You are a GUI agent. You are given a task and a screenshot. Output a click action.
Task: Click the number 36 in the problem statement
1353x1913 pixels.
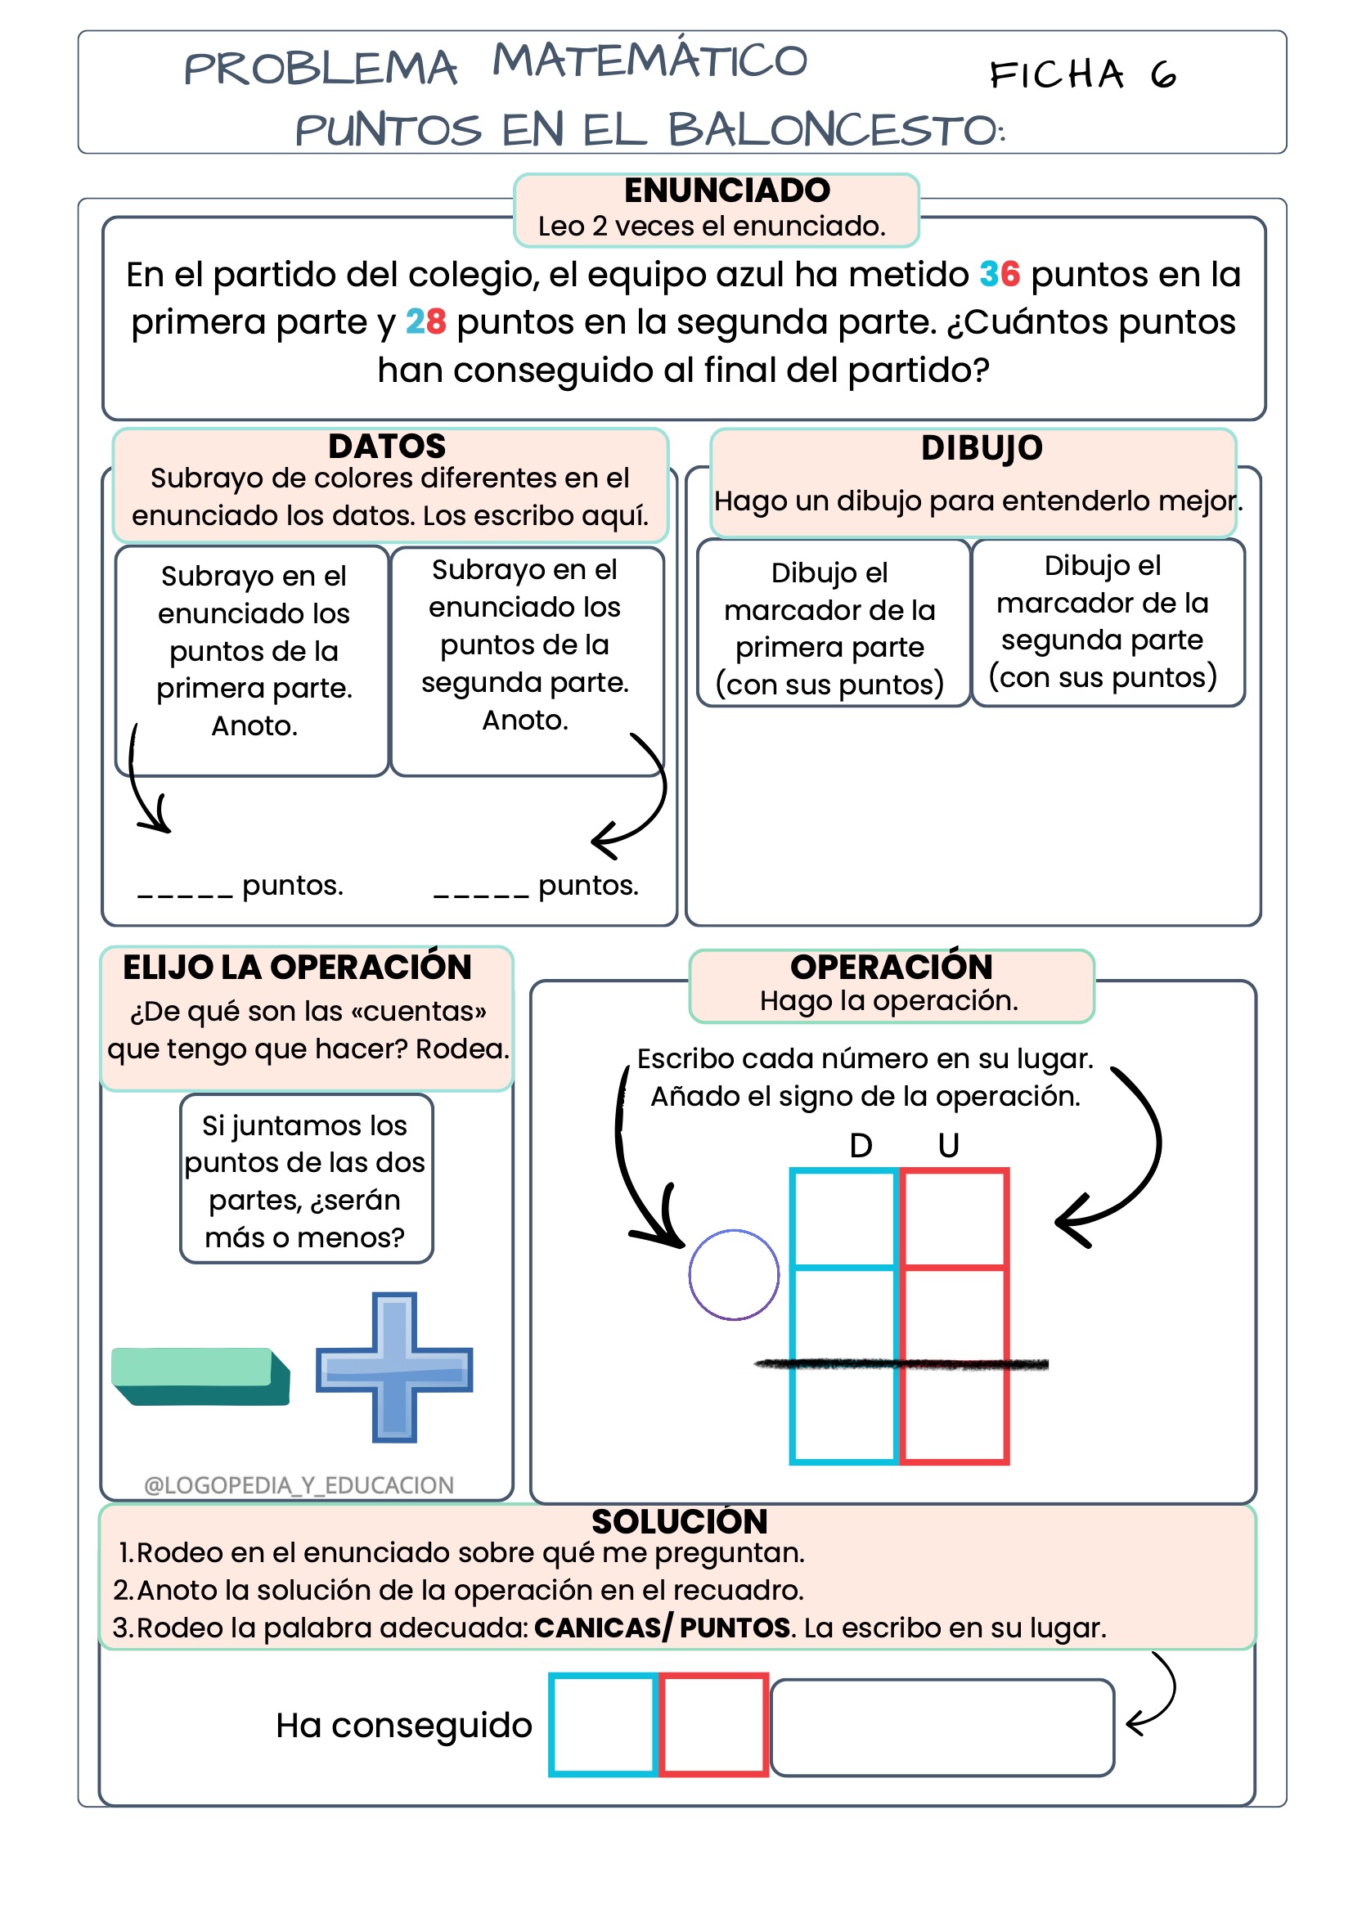999,274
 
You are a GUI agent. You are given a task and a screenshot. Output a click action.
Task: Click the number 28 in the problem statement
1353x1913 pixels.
425,321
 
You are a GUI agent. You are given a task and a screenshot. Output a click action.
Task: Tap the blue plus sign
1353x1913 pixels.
394,1367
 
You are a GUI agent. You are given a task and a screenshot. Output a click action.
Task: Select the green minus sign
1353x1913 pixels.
200,1376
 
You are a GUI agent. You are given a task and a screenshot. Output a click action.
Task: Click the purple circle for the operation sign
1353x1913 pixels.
734,1274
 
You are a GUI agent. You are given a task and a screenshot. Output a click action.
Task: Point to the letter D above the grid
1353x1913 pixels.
861,1146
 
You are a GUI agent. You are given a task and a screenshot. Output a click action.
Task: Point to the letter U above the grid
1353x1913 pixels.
948,1146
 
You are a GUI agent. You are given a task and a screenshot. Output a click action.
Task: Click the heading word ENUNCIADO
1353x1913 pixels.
726,191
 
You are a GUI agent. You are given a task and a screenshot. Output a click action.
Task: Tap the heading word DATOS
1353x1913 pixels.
387,447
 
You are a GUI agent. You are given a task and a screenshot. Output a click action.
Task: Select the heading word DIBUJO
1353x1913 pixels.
982,448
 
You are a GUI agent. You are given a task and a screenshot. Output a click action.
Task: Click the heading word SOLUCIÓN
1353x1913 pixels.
679,1521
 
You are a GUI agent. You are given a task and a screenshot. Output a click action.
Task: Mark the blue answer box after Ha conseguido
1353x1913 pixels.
603,1724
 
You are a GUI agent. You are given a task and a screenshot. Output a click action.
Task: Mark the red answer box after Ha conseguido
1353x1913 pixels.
713,1724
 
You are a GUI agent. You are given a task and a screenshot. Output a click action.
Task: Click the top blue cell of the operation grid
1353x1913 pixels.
844,1218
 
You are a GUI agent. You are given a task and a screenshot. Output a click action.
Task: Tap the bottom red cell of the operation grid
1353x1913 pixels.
954,1413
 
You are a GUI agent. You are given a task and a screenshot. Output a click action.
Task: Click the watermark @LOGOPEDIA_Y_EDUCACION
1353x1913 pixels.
299,1484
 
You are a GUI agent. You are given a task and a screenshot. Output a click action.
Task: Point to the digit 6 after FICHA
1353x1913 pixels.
1163,76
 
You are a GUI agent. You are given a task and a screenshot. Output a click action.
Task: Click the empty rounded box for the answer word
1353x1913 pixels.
942,1727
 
